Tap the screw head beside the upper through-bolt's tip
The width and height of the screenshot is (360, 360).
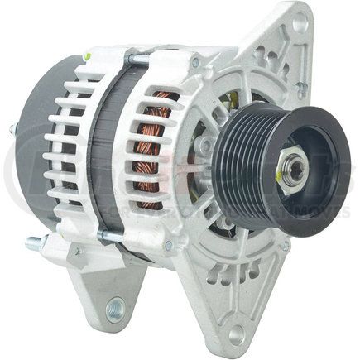pyautogui.click(x=195, y=64)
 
